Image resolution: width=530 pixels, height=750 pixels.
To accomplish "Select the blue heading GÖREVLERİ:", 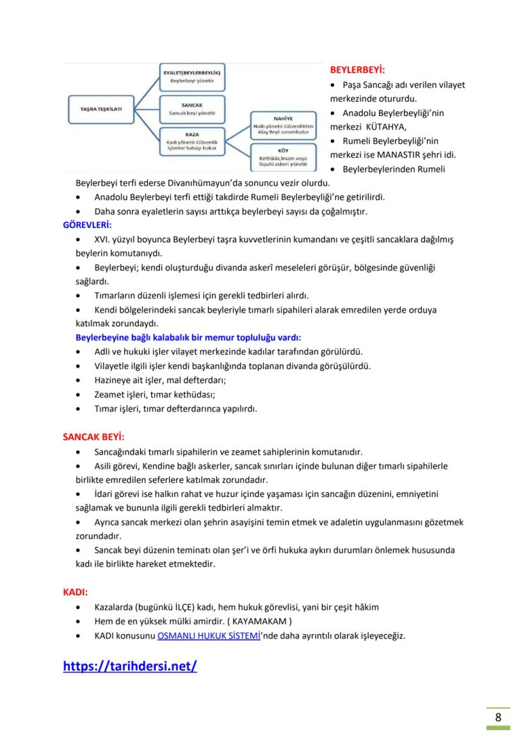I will pyautogui.click(x=87, y=225).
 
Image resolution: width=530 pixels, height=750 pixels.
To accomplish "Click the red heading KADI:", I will pyautogui.click(x=75, y=592).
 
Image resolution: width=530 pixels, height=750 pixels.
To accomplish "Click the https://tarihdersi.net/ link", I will pyautogui.click(x=130, y=666).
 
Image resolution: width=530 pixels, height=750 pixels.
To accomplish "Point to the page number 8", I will pyautogui.click(x=498, y=717).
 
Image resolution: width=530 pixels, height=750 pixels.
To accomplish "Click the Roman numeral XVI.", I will pyautogui.click(x=103, y=240).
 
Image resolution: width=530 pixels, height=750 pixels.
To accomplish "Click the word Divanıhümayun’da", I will pyautogui.click(x=204, y=183).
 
